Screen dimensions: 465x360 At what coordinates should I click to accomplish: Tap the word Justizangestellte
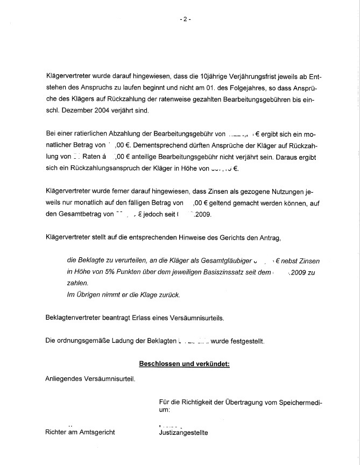coord(183,432)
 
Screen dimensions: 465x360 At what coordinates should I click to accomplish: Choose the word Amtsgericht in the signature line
coord(97,432)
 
